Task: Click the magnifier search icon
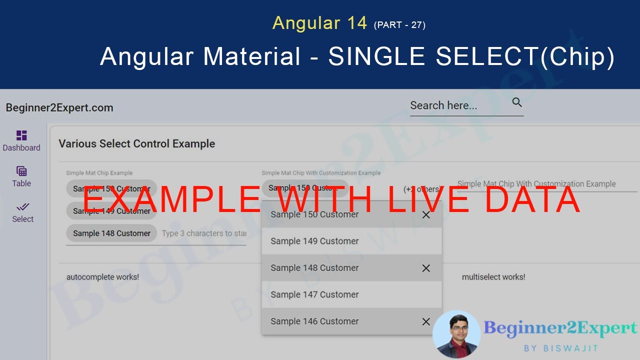[x=517, y=102]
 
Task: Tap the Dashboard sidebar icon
[x=21, y=135]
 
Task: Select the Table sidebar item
[x=21, y=176]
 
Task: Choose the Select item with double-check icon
[x=22, y=212]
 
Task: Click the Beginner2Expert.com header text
[x=59, y=107]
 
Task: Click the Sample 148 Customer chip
[x=111, y=233]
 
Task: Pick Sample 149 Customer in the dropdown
[x=314, y=241]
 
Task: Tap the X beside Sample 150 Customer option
[x=426, y=215]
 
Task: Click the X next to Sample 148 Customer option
[x=426, y=268]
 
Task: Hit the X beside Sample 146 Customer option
[x=426, y=321]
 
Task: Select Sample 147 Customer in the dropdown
[x=314, y=294]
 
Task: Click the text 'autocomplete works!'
[x=102, y=276]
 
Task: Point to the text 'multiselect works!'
[x=493, y=276]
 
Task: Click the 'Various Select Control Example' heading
[x=136, y=143]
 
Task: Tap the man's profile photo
[x=456, y=334]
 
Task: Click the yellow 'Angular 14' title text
[x=319, y=23]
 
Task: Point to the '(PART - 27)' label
[x=399, y=24]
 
